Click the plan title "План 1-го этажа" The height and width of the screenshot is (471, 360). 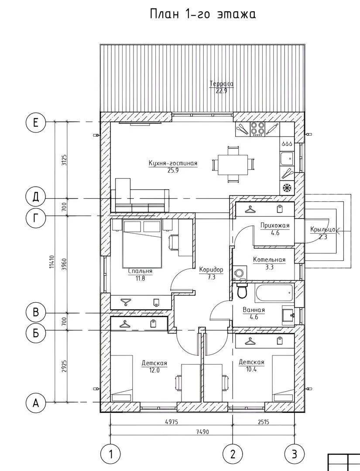[x=203, y=14]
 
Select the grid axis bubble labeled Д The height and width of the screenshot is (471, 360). [x=35, y=198]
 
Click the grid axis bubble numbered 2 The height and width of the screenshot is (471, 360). [x=233, y=454]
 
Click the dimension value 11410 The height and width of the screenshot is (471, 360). [x=51, y=262]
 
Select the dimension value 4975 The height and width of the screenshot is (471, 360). [x=171, y=422]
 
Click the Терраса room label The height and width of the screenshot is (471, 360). [x=222, y=84]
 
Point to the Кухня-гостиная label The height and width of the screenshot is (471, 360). [x=173, y=163]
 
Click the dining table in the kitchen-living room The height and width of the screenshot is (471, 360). [x=233, y=164]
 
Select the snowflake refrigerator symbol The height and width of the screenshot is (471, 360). [x=287, y=188]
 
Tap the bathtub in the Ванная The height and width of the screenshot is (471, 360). [x=274, y=293]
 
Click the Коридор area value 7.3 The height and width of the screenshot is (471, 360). [x=212, y=277]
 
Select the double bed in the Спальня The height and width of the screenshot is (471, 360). [x=142, y=244]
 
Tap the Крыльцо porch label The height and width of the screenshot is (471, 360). [x=323, y=229]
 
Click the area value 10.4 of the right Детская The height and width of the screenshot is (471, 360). [x=251, y=369]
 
